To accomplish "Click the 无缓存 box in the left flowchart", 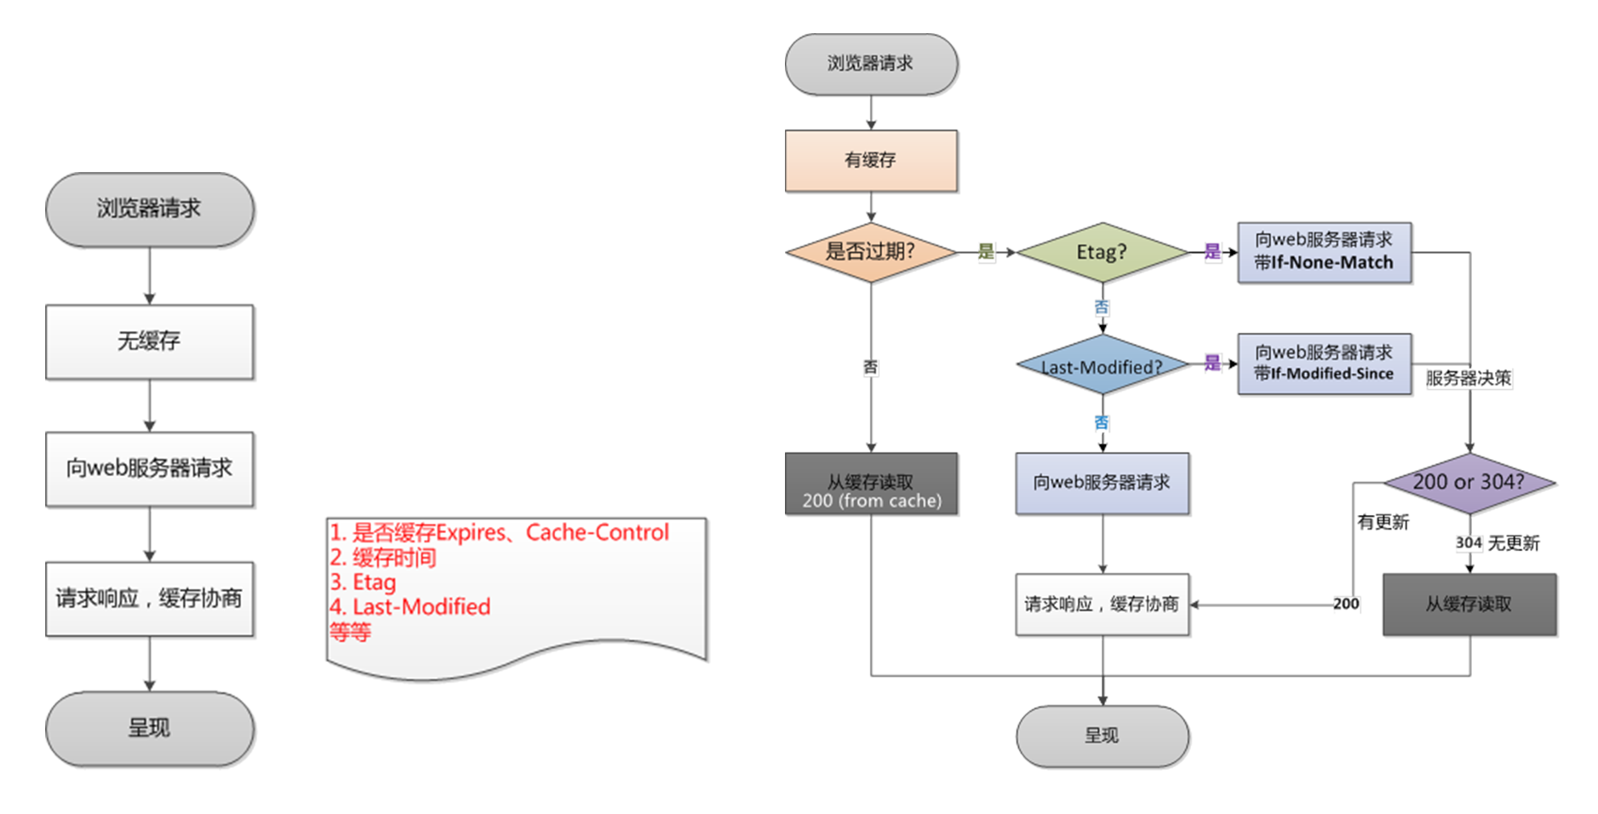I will (x=149, y=341).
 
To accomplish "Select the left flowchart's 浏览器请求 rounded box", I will (x=149, y=209).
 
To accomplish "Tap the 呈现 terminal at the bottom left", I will (x=149, y=728).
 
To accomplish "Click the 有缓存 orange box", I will (x=870, y=160).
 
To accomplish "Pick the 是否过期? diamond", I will (x=870, y=252).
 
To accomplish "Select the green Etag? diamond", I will (x=1102, y=252).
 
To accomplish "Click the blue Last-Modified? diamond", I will (x=1102, y=366).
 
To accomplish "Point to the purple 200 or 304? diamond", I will (x=1469, y=482).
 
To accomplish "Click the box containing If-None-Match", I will (x=1324, y=252).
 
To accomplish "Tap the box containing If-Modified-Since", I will (x=1324, y=364).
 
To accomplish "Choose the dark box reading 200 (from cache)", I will (x=871, y=484).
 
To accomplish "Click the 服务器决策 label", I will (x=1468, y=378).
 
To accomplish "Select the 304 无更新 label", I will (x=1497, y=543).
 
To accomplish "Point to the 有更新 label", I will (x=1383, y=522).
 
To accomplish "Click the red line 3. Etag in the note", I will (x=364, y=582).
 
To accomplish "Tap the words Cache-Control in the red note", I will (x=597, y=532).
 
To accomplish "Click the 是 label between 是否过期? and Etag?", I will (x=986, y=251).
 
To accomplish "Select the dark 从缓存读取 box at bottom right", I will (x=1469, y=605).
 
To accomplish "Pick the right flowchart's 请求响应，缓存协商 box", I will (x=1102, y=605).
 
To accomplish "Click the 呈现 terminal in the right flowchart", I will (x=1102, y=736).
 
